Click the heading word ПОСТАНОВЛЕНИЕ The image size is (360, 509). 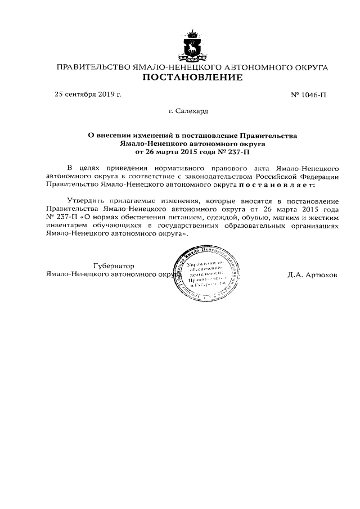(192, 78)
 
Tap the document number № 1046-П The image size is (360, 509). (308, 95)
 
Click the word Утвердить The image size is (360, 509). (85, 201)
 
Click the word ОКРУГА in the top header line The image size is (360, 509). (308, 67)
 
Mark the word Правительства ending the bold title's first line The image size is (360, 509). (267, 135)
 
